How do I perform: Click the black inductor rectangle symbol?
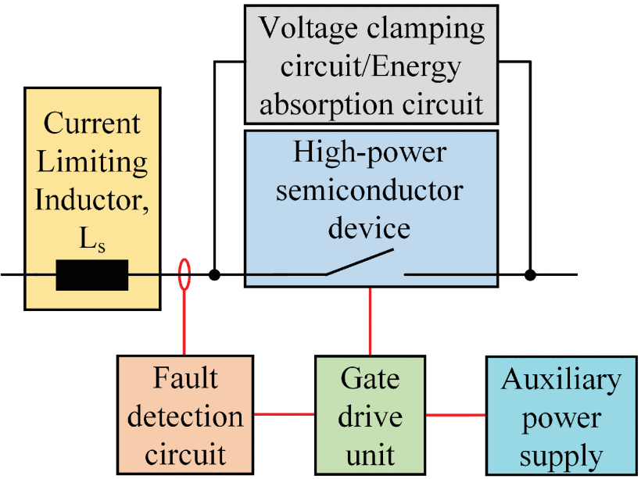[x=91, y=275]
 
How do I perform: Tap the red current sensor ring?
[x=184, y=275]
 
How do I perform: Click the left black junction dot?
[x=214, y=275]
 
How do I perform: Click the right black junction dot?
[x=530, y=275]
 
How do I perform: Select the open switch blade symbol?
[x=360, y=263]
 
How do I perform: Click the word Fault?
[x=184, y=379]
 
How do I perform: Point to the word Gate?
[x=370, y=379]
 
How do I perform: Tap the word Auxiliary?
[x=561, y=380]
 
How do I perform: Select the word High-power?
[x=370, y=152]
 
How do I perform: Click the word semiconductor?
[x=371, y=190]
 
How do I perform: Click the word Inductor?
[x=93, y=200]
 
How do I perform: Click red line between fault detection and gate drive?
[x=284, y=414]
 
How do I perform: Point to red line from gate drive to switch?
[x=371, y=320]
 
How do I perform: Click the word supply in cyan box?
[x=561, y=455]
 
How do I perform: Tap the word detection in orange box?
[x=184, y=416]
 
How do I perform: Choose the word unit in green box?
[x=370, y=454]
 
